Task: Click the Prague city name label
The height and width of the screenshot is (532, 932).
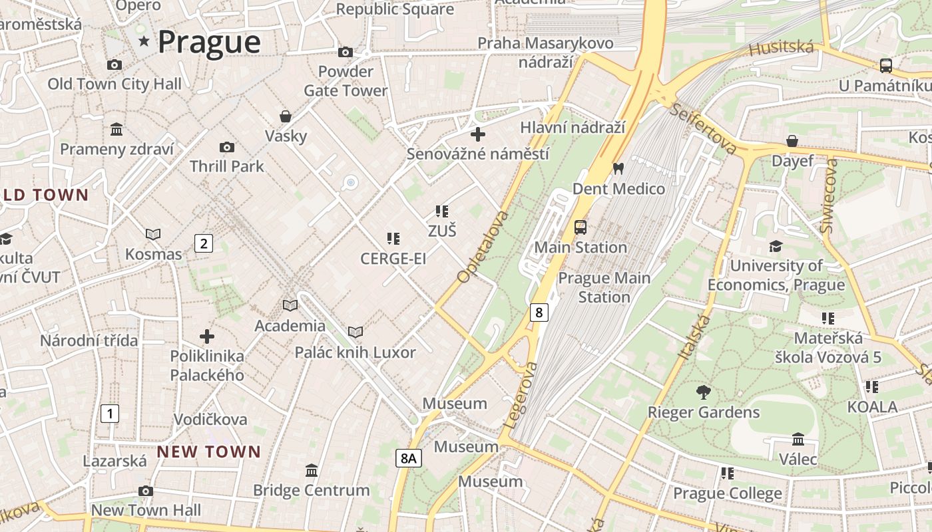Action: [x=209, y=42]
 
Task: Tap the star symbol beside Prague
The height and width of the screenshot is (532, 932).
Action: [x=144, y=42]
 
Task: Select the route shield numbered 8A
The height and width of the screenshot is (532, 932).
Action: [x=409, y=458]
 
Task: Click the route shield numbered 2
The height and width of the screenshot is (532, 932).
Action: [x=204, y=243]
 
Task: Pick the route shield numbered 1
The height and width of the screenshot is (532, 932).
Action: [x=110, y=414]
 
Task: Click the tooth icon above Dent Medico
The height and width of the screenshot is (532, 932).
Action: [x=618, y=169]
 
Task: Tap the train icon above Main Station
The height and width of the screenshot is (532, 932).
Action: [x=581, y=227]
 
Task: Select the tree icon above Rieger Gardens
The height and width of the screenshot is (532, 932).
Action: [x=703, y=392]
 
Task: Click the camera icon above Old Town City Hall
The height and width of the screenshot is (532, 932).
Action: [x=115, y=65]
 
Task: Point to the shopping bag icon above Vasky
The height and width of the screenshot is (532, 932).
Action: [x=286, y=116]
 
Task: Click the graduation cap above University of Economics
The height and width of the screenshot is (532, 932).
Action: [x=776, y=247]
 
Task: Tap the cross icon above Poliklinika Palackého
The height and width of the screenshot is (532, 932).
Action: [x=207, y=336]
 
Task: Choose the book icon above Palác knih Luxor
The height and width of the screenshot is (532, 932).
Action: [x=355, y=332]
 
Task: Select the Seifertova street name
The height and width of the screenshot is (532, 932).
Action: [x=704, y=129]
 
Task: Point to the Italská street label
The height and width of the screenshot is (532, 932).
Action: [x=694, y=338]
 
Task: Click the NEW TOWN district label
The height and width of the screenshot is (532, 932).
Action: [x=209, y=452]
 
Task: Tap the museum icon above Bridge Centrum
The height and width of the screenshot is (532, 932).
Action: [x=311, y=471]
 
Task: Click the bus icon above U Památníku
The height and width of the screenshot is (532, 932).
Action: [x=885, y=65]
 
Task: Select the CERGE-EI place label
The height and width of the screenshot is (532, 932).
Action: [x=393, y=259]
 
